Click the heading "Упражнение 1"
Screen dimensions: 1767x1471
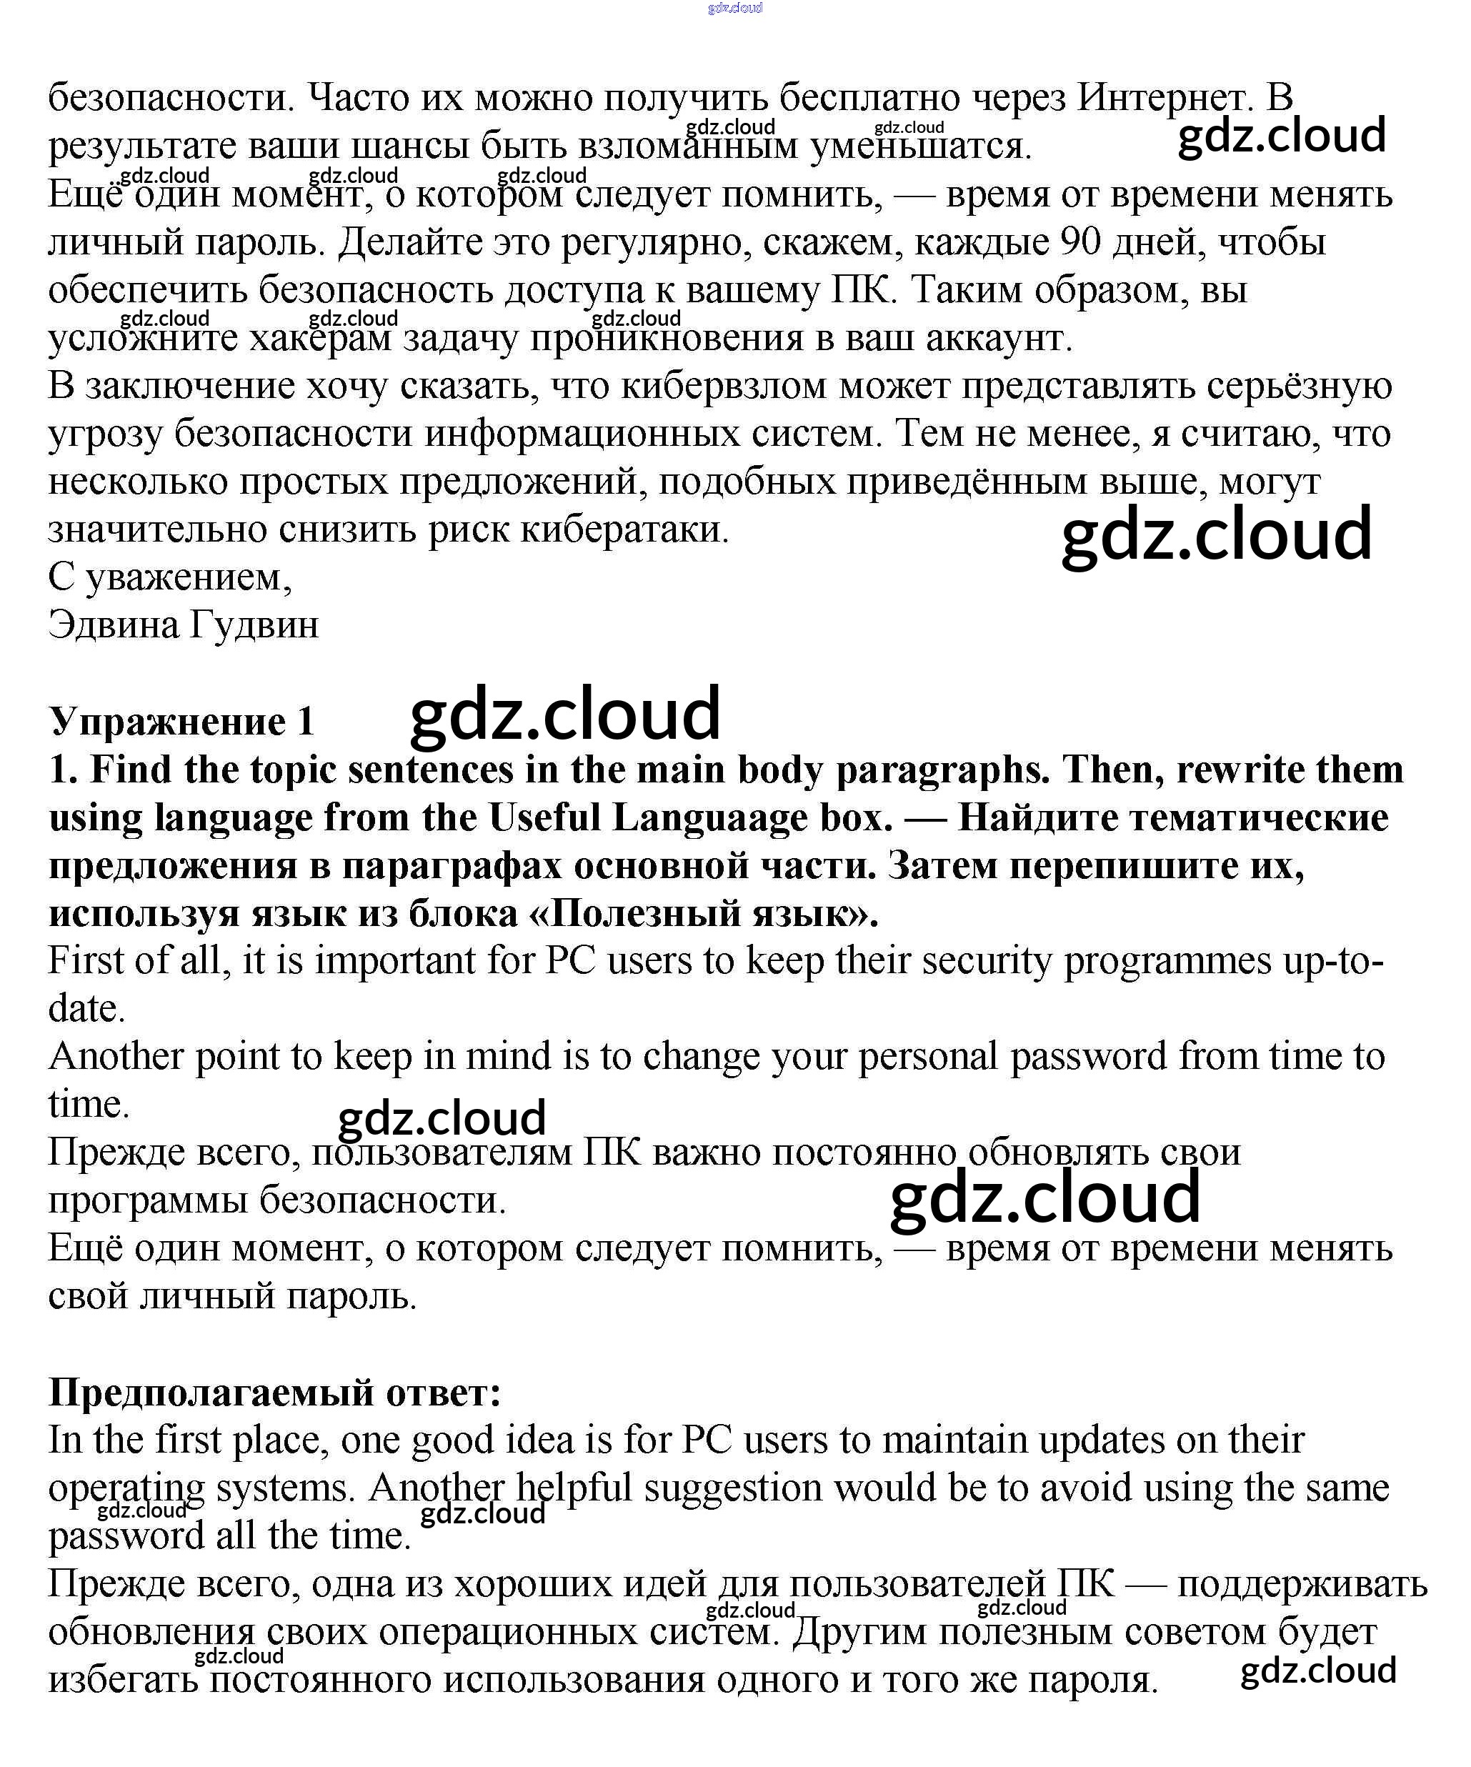181,721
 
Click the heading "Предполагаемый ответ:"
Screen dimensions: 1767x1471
274,1392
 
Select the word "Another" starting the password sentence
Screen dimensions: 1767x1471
115,1056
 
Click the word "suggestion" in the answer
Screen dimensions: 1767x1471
732,1488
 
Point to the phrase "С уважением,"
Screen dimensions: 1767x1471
170,577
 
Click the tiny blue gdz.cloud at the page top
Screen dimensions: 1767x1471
734,9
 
